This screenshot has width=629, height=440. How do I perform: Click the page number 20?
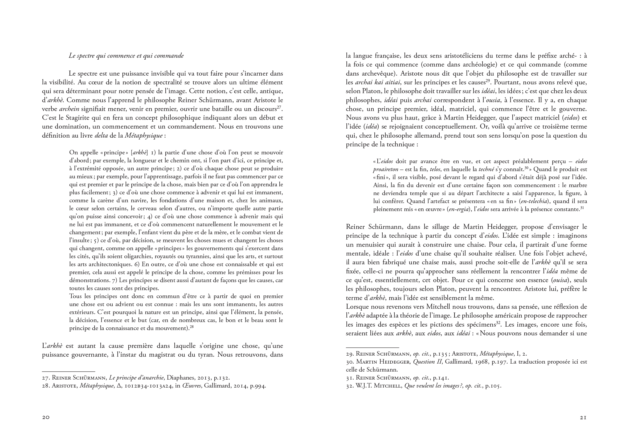(x=46, y=417)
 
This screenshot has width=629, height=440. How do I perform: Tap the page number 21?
(x=583, y=417)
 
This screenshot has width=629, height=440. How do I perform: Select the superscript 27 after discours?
(x=279, y=107)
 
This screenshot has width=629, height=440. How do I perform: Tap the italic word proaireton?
(x=386, y=170)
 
